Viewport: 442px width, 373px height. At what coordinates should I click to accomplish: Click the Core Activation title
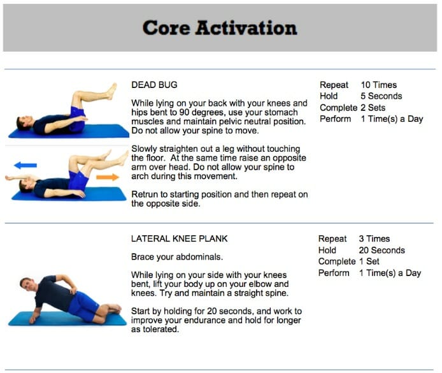point(220,28)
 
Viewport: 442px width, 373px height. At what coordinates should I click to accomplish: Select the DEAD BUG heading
point(154,85)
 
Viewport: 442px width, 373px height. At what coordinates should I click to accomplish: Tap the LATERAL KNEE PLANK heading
point(179,238)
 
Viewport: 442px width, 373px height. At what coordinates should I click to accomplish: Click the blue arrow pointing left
point(25,165)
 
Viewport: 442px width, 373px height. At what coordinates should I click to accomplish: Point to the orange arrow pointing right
point(107,177)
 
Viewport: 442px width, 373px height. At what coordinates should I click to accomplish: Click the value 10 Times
point(378,85)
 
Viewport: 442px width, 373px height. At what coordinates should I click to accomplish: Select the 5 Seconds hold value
point(381,96)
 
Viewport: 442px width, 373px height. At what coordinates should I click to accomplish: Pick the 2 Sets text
point(373,108)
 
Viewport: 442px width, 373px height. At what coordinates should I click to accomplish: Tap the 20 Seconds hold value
point(381,250)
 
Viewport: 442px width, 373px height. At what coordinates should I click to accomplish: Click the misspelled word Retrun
point(145,193)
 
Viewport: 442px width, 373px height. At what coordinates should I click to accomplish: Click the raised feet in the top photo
point(112,91)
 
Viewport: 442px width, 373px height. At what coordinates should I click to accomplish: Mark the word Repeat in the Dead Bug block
point(334,85)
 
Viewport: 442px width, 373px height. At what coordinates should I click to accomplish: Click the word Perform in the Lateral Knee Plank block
point(334,273)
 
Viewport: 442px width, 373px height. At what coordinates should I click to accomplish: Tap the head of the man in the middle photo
point(25,185)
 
